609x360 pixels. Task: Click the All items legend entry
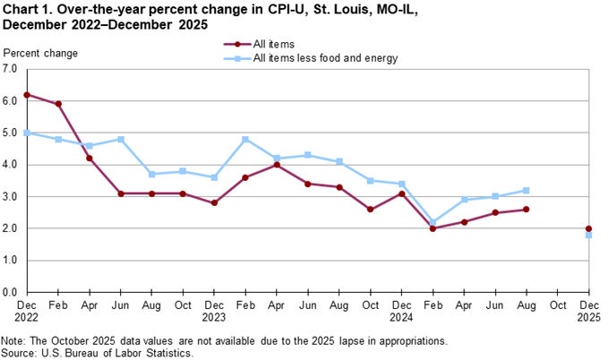(274, 43)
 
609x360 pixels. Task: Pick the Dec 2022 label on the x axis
(27, 310)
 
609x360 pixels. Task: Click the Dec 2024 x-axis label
(401, 310)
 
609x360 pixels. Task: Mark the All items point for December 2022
(27, 95)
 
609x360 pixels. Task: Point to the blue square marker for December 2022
(27, 133)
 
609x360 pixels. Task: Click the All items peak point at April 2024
(277, 165)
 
